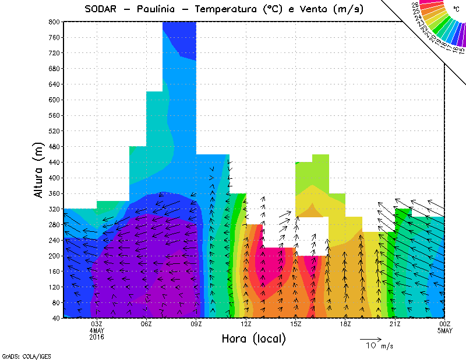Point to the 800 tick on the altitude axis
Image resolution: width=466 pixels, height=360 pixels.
(53, 22)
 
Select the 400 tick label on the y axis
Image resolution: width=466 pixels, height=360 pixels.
(53, 178)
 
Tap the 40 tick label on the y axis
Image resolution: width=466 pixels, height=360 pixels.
(55, 318)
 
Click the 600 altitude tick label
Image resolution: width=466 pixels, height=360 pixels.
(53, 100)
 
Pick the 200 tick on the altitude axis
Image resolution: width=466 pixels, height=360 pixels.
(53, 256)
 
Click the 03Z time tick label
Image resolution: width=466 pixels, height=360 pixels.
(97, 324)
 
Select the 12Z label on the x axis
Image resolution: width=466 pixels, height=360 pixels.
(246, 324)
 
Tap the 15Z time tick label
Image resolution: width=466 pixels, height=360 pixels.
(295, 324)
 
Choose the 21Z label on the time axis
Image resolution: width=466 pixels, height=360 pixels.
(395, 324)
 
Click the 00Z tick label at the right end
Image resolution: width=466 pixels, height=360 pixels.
(444, 324)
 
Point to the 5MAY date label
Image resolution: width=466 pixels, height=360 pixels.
(444, 331)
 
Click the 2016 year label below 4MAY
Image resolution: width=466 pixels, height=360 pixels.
(97, 337)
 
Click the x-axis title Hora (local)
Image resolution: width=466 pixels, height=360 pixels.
(253, 338)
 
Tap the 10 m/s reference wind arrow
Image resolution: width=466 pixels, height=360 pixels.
(370, 338)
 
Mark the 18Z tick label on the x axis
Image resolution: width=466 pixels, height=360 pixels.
(345, 324)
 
